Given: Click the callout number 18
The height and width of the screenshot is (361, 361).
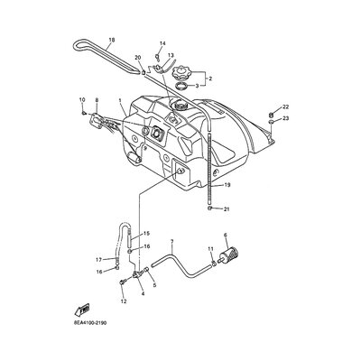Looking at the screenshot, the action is (112, 40).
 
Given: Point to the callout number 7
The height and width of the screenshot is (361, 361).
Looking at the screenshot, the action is (172, 241).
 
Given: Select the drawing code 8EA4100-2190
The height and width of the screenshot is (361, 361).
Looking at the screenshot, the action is (89, 323).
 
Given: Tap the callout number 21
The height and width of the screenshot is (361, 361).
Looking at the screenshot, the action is (227, 208).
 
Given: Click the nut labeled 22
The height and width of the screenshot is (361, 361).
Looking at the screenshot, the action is (271, 115).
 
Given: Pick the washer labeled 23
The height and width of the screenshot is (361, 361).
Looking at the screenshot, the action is (270, 122).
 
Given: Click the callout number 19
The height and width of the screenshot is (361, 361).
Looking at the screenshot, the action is (227, 185).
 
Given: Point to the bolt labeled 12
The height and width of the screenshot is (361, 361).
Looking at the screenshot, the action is (122, 282).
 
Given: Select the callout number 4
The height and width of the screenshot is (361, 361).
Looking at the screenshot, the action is (143, 293).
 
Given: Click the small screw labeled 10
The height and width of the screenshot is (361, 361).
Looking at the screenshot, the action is (84, 113).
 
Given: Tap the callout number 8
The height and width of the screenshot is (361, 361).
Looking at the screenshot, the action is (97, 99).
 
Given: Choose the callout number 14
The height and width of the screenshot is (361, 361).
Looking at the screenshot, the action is (162, 43).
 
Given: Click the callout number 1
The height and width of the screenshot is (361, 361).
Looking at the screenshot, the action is (120, 99).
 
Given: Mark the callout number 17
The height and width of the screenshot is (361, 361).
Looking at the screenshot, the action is (99, 259).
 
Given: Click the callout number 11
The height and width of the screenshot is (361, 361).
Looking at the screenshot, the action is (210, 249).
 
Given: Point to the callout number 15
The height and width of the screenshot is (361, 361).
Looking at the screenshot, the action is (146, 233).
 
